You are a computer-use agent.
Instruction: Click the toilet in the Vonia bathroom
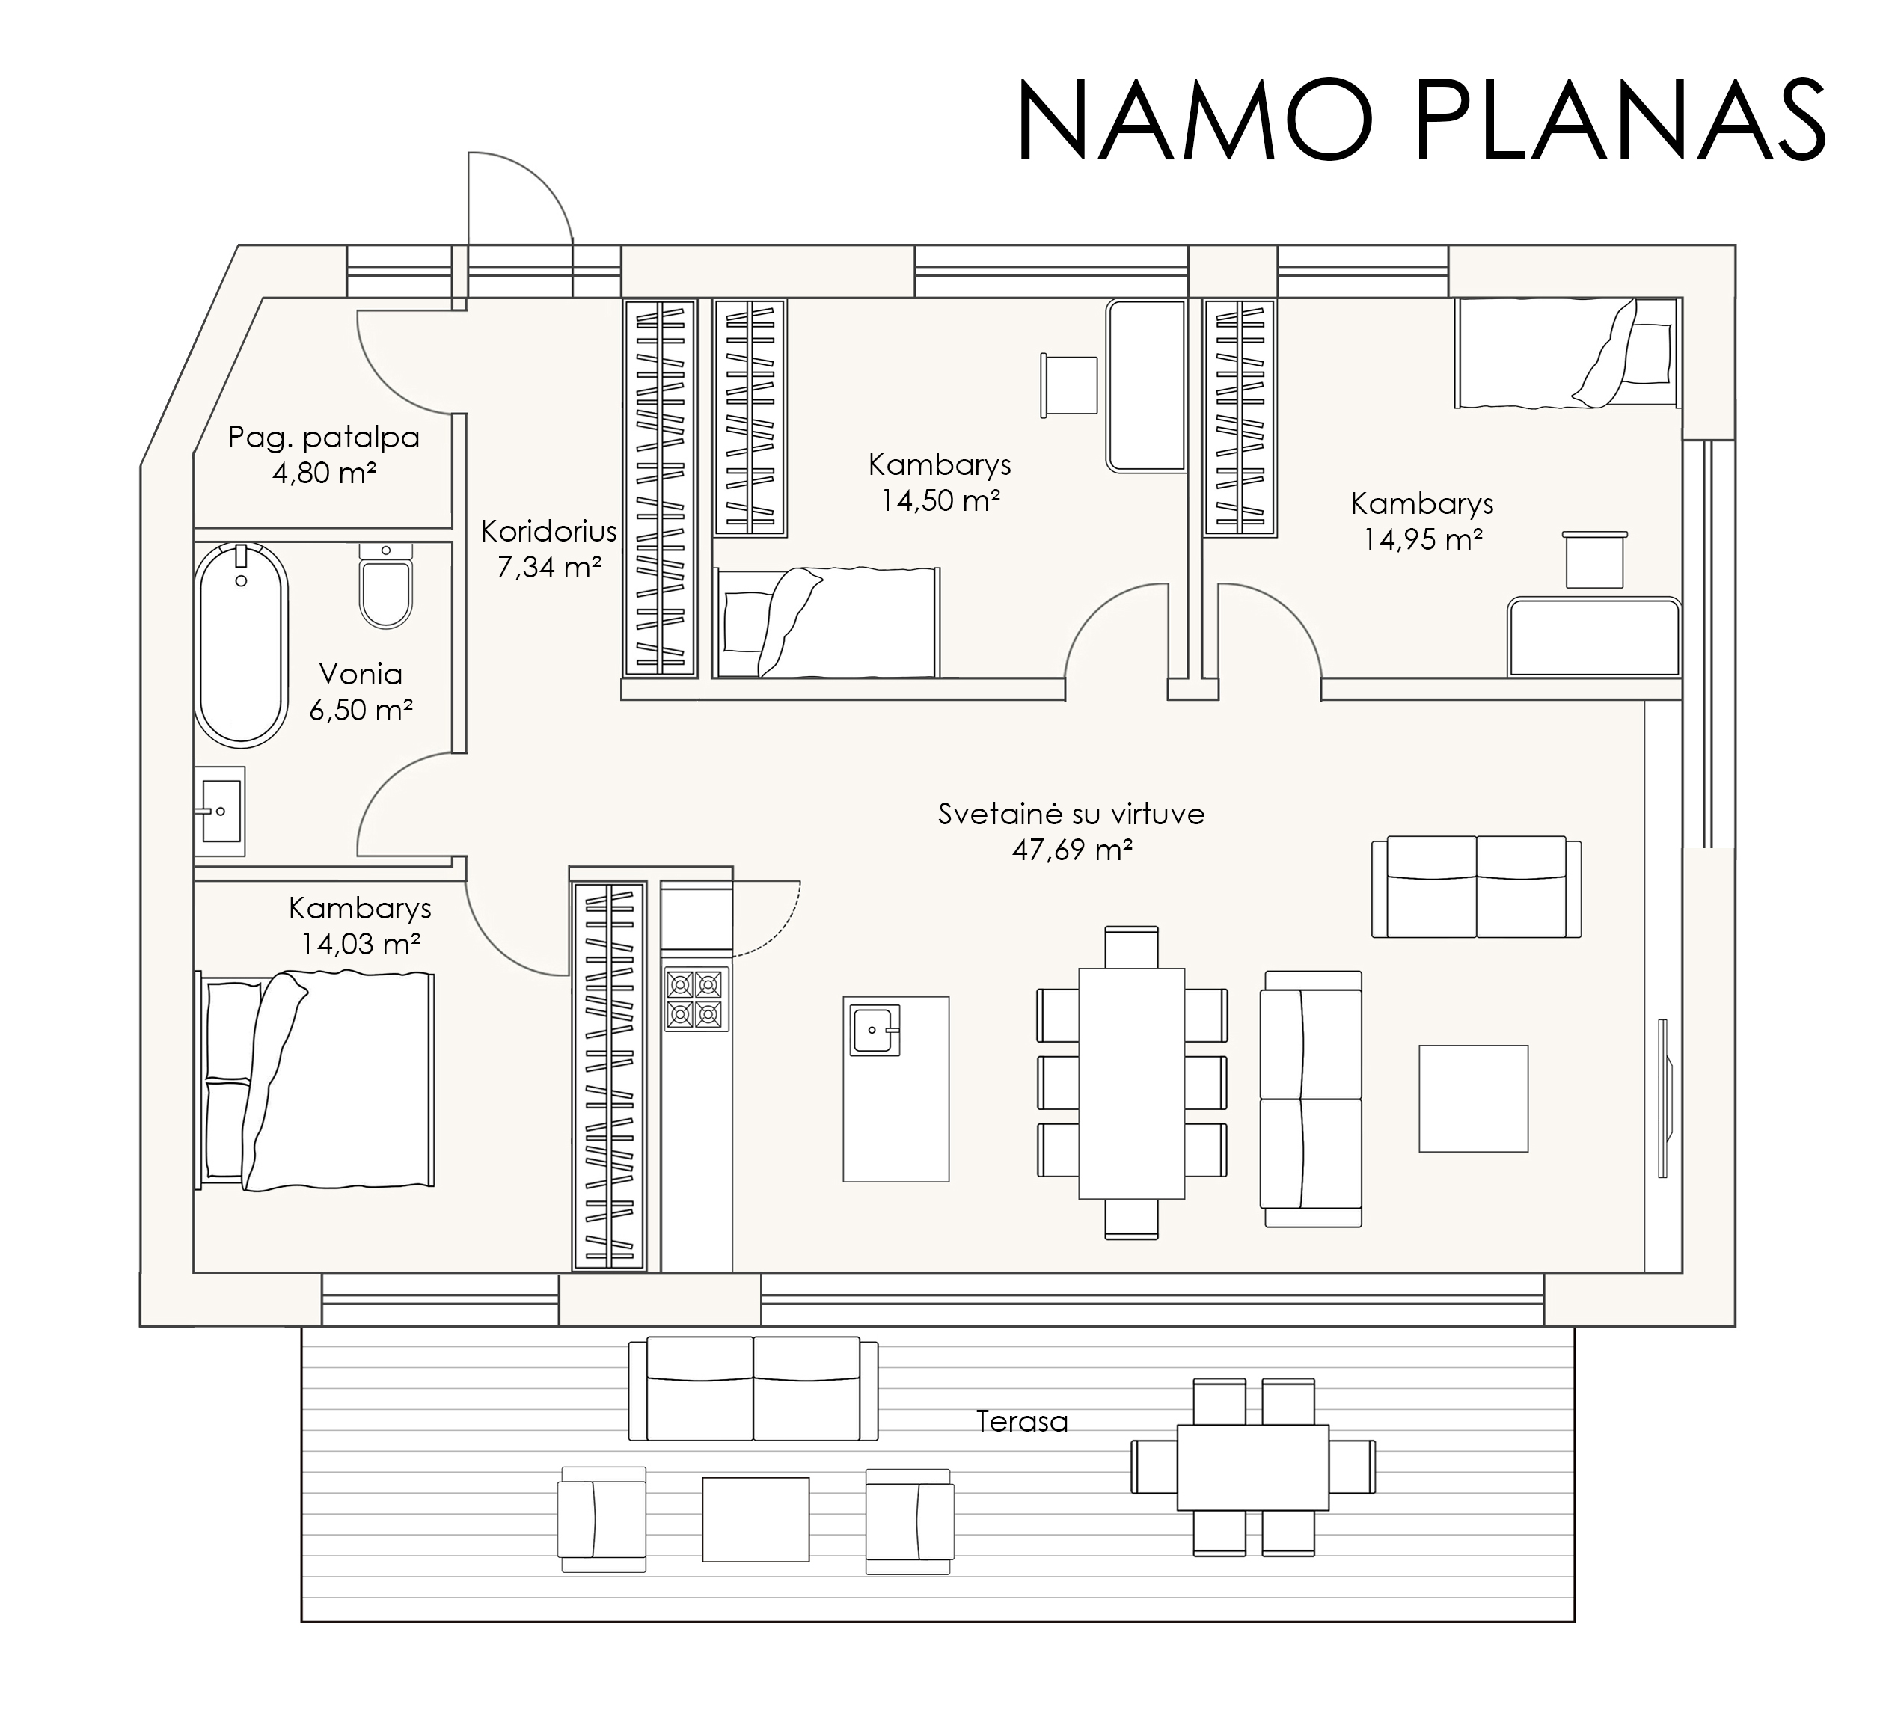pyautogui.click(x=386, y=586)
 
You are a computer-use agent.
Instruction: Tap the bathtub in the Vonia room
pyautogui.click(x=242, y=645)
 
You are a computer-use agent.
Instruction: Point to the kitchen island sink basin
pyautogui.click(x=875, y=1030)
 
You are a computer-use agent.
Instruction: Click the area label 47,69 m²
pyautogui.click(x=1072, y=850)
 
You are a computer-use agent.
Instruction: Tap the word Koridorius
pyautogui.click(x=549, y=531)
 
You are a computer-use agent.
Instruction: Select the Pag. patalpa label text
pyautogui.click(x=324, y=438)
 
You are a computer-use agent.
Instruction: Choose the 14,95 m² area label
pyautogui.click(x=1422, y=540)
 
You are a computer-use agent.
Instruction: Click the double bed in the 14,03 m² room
pyautogui.click(x=315, y=1079)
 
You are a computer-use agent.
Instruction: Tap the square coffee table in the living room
pyautogui.click(x=1474, y=1098)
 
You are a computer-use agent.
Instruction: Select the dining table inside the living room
pyautogui.click(x=1132, y=1083)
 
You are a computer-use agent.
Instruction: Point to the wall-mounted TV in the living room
pyautogui.click(x=1663, y=1097)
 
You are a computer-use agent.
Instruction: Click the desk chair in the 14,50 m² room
pyautogui.click(x=1069, y=384)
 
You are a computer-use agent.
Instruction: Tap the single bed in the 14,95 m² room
pyautogui.click(x=1567, y=353)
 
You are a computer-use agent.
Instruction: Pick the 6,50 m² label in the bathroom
pyautogui.click(x=361, y=710)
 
